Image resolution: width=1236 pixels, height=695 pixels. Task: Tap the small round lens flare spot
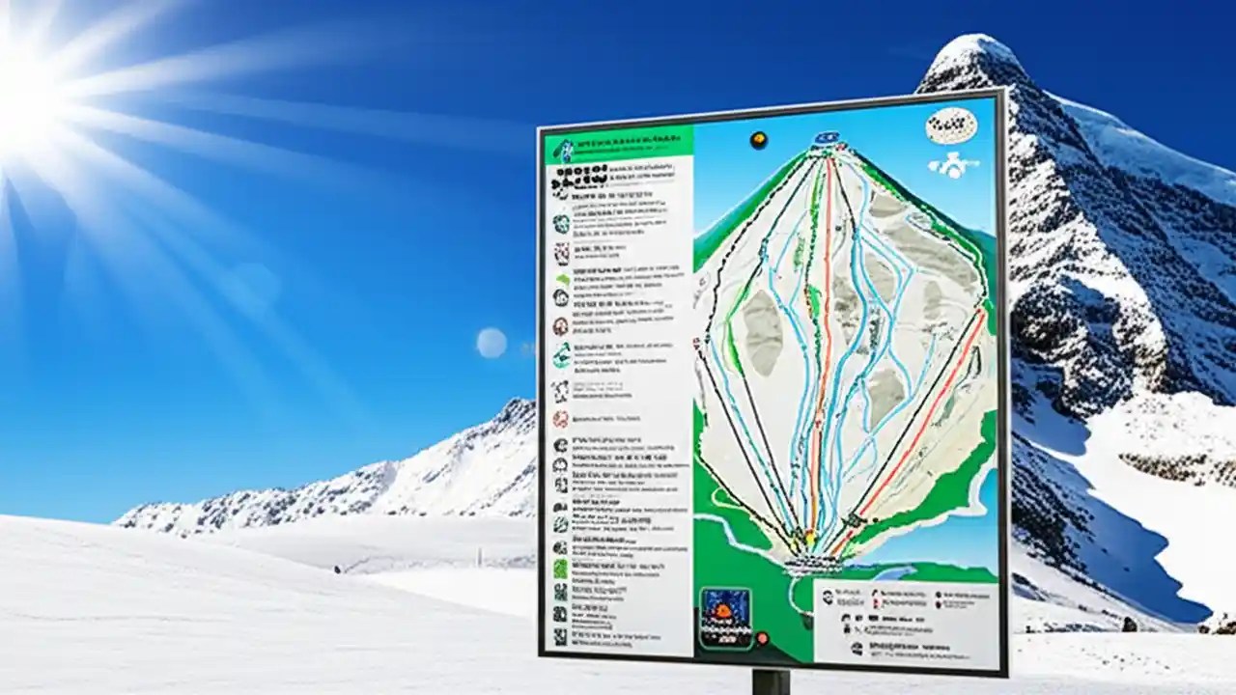(491, 343)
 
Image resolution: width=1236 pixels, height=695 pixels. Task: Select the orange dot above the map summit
(759, 140)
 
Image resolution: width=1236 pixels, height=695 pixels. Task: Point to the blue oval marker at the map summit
(826, 138)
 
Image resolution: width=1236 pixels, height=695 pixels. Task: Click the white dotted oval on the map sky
(951, 125)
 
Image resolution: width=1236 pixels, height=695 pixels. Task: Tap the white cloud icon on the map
(954, 167)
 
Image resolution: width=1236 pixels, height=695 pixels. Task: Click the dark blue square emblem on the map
(724, 616)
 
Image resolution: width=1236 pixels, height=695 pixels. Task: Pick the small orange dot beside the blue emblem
(763, 638)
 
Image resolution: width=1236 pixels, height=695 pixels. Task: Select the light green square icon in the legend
(560, 569)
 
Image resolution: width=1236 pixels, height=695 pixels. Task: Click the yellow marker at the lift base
(809, 538)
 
